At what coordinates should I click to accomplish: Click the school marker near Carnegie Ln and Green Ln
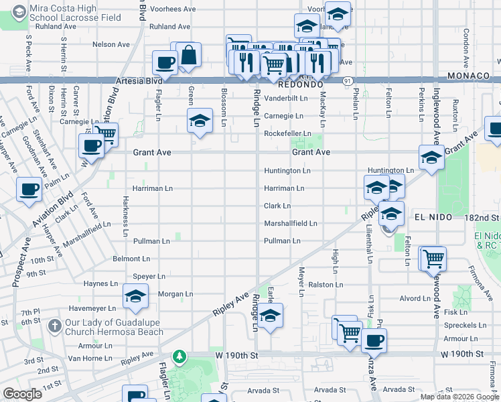tap(199, 121)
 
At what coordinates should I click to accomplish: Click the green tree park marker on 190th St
tap(178, 356)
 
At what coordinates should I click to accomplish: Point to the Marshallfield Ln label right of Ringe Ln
tap(290, 223)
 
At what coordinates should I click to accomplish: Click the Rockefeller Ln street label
tap(287, 134)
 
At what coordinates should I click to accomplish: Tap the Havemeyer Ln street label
tap(92, 309)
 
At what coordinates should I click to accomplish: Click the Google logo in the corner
tap(21, 395)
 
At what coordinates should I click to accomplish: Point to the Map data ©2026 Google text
tap(459, 397)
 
